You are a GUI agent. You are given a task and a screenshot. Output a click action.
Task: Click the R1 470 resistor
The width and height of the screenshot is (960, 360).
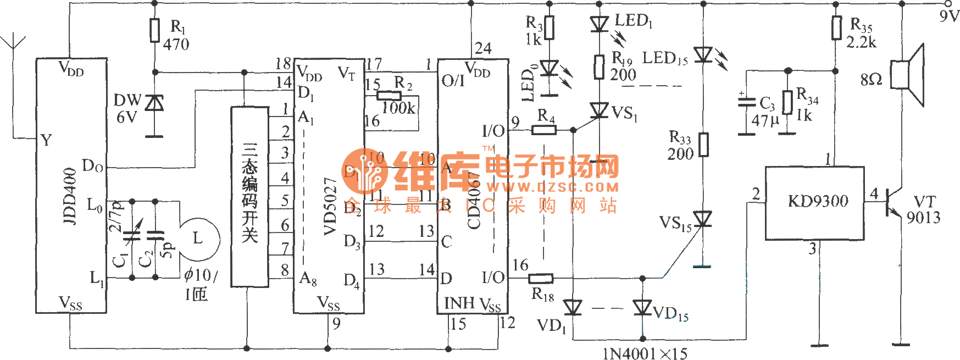point(155,30)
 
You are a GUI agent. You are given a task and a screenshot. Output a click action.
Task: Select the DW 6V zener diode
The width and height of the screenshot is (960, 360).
point(155,103)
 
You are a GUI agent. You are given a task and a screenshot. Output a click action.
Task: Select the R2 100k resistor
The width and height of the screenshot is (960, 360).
point(389,95)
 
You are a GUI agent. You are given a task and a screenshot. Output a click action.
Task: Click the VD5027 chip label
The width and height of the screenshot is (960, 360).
point(330,206)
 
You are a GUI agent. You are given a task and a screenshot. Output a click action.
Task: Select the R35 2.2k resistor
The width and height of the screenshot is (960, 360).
point(836,28)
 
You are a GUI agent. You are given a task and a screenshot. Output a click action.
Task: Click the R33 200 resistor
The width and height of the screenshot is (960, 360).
point(703,145)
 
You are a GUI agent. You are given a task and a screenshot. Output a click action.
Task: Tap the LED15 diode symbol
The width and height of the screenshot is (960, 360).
point(703,55)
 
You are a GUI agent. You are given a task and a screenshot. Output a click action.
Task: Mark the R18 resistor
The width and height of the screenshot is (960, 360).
point(541,279)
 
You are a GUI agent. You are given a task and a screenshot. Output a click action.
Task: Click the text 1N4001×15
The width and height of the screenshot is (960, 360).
point(645,353)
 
